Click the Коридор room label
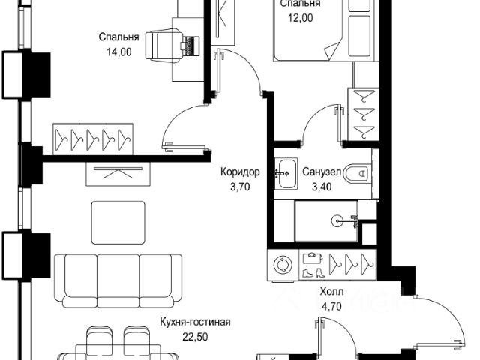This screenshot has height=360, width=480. click(x=240, y=172)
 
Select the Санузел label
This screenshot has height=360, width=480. click(x=322, y=172)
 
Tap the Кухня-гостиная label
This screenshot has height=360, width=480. click(x=195, y=322)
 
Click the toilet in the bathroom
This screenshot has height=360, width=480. click(x=359, y=173)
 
